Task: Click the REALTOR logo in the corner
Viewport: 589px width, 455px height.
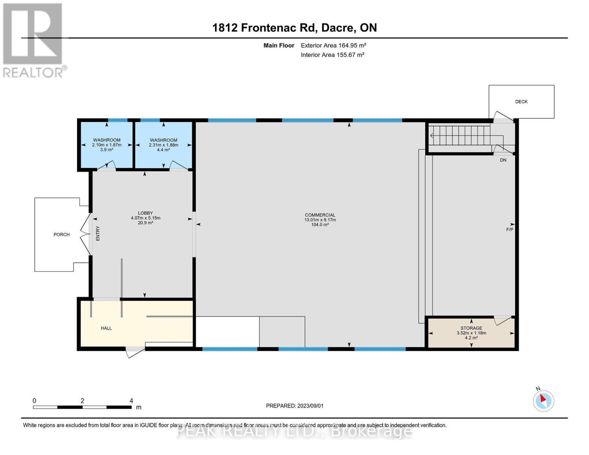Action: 33,40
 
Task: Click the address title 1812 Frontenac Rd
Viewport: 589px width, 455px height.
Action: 294,28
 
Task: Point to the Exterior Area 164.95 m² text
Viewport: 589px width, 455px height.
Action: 333,45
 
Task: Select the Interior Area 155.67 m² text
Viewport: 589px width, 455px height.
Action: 333,55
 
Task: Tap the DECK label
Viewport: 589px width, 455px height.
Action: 521,102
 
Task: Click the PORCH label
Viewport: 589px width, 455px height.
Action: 61,235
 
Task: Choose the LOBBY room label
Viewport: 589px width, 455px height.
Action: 145,213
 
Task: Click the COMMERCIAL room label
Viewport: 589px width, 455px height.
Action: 320,215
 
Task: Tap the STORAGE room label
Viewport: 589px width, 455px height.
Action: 471,328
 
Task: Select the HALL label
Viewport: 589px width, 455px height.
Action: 106,328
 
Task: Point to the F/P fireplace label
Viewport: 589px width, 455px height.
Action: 509,230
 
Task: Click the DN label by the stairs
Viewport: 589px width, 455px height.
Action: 503,160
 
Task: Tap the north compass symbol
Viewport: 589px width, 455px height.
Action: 543,400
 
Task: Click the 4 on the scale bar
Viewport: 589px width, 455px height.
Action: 131,401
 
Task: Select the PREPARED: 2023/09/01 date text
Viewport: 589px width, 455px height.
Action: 295,406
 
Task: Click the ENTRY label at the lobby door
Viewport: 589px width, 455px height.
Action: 98,234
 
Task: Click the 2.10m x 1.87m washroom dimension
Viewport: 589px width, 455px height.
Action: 107,145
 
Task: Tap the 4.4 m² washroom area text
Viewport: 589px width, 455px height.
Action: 163,150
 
